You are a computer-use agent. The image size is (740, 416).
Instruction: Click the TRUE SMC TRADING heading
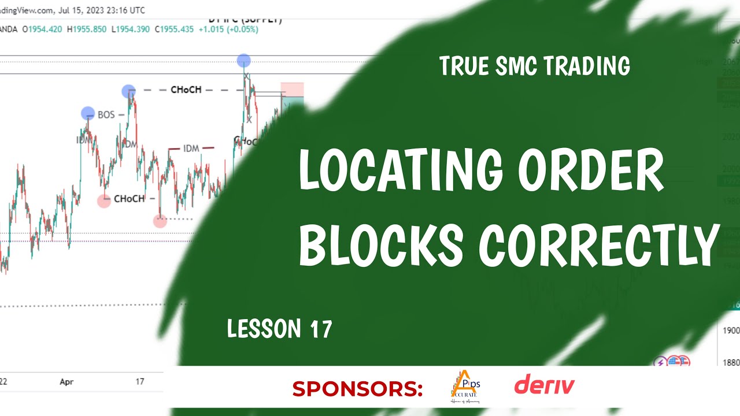point(534,66)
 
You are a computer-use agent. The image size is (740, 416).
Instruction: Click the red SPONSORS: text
point(357,389)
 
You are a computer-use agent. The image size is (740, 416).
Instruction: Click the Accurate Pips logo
point(465,387)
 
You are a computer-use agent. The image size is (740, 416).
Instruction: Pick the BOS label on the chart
point(106,115)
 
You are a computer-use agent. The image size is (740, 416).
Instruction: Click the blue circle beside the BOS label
point(88,113)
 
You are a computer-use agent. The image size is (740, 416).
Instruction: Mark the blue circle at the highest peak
point(244,60)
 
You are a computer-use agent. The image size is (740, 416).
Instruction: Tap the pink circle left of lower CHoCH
point(104,201)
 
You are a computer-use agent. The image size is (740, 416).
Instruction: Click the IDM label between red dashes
point(191,148)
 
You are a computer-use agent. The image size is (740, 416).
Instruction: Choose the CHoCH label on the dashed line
point(186,90)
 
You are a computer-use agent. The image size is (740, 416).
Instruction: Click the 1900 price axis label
point(731,330)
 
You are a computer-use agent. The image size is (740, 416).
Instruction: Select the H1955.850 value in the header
point(87,28)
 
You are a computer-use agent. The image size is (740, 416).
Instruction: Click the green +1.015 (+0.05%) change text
point(229,28)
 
